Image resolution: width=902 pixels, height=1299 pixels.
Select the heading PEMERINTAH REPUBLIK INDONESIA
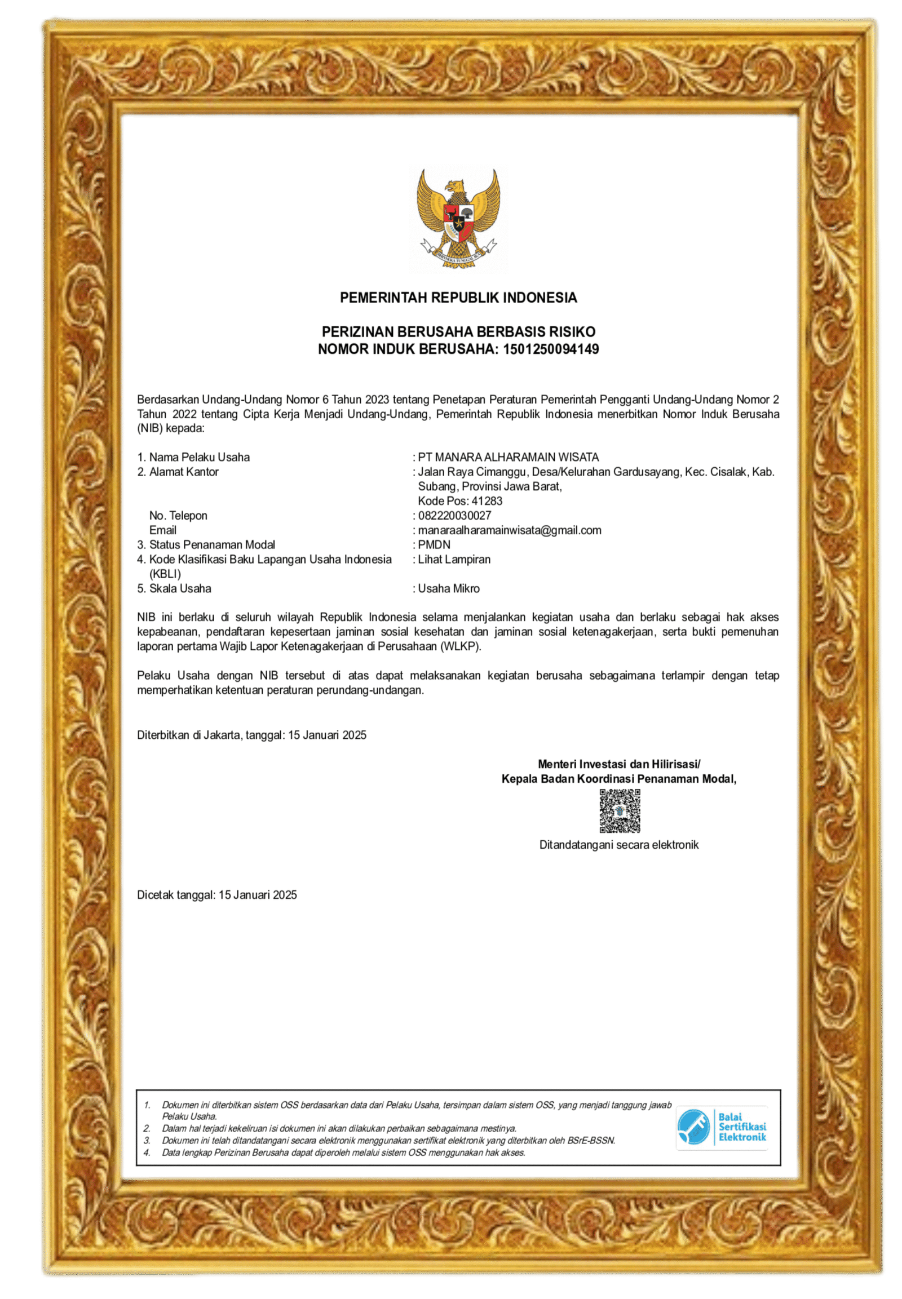(x=458, y=298)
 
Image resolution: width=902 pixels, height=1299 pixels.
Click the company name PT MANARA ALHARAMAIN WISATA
(x=508, y=457)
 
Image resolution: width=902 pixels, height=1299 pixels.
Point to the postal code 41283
(x=487, y=501)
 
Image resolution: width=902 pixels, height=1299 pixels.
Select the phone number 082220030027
(x=454, y=515)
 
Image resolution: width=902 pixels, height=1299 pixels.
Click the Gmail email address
(x=509, y=530)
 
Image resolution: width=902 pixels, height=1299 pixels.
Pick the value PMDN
(x=434, y=545)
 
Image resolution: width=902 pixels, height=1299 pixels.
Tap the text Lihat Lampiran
(x=454, y=560)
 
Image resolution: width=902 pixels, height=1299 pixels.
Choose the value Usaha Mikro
(x=449, y=588)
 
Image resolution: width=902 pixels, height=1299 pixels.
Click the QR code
(x=620, y=812)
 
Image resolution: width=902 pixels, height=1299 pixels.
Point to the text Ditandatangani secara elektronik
(x=619, y=845)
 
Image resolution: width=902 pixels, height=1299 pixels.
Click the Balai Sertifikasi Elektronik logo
(x=722, y=1128)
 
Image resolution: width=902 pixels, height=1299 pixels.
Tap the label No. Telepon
(x=178, y=515)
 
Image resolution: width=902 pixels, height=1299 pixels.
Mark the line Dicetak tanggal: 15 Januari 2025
(x=216, y=894)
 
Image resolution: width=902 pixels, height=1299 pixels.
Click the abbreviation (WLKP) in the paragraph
(x=461, y=646)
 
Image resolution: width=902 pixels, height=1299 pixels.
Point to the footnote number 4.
(x=147, y=1152)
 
